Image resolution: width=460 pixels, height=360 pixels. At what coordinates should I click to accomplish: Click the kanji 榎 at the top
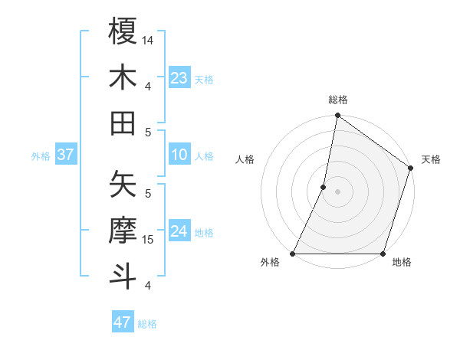[x=123, y=32]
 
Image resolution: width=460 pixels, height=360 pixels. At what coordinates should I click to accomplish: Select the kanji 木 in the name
[x=123, y=78]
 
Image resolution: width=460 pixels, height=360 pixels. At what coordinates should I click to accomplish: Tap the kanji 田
[x=123, y=123]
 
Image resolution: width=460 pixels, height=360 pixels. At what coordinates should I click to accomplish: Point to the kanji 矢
[x=123, y=184]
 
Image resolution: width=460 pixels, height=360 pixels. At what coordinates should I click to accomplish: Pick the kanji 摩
[x=123, y=230]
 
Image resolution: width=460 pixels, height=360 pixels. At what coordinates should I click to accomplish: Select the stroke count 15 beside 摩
[x=149, y=240]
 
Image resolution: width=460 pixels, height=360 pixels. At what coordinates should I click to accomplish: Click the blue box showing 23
[x=179, y=78]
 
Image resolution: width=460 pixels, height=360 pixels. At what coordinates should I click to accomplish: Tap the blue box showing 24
[x=179, y=231]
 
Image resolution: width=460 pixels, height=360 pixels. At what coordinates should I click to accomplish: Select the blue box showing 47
[x=123, y=322]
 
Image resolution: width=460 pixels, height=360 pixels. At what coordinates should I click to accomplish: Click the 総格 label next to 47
[x=147, y=324]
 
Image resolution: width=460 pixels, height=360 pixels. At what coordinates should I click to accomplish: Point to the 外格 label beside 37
[x=41, y=156]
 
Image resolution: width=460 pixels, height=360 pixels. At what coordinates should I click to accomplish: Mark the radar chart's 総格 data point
[x=337, y=116]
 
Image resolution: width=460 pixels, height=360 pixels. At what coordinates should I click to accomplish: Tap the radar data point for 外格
[x=293, y=254]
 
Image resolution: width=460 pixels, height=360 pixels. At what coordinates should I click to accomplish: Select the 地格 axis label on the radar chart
[x=402, y=263]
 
